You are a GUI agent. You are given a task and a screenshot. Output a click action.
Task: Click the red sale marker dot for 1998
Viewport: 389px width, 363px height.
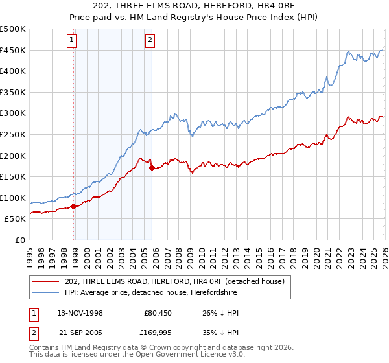73,206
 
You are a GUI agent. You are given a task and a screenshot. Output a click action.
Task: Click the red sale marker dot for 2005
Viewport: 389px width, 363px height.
152,168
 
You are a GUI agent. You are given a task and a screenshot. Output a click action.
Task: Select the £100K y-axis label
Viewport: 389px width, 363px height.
13,198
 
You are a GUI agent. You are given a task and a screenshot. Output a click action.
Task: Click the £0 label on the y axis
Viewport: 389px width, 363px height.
20,240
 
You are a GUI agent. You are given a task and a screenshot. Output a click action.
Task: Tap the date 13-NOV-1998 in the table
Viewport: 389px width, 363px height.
80,313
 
